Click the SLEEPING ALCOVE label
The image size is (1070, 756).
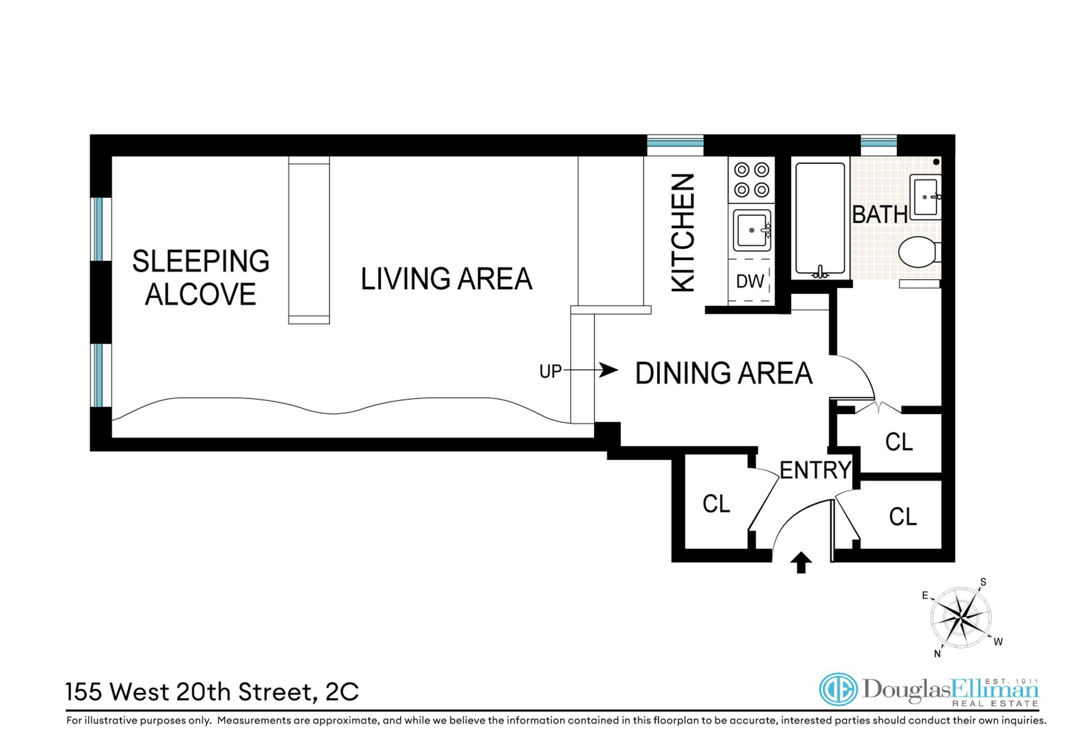click(x=201, y=277)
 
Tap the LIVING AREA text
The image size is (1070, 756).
click(x=446, y=279)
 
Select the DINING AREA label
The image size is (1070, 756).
click(x=723, y=373)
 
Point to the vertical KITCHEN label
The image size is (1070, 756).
click(x=683, y=232)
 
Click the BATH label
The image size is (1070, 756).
click(x=880, y=214)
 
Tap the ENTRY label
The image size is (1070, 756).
click(x=815, y=470)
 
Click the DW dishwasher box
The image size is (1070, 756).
click(x=751, y=281)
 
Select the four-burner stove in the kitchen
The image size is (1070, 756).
click(x=751, y=180)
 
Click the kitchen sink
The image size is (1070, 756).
click(x=752, y=230)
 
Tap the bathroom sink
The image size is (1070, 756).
click(x=926, y=197)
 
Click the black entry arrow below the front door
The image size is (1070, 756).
click(x=801, y=563)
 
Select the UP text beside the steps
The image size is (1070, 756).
click(x=551, y=372)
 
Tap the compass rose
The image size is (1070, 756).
click(x=961, y=617)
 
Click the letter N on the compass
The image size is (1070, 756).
click(x=937, y=653)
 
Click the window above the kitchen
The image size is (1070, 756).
click(x=675, y=145)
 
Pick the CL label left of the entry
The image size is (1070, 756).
click(x=716, y=504)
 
